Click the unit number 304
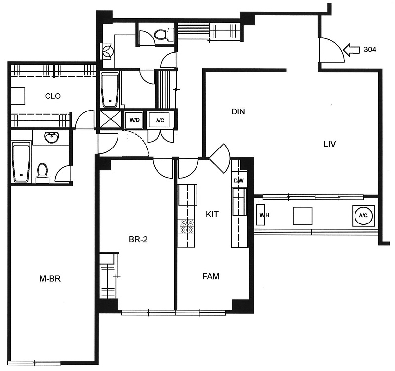(370, 50)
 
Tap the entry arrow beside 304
(351, 50)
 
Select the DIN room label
(238, 111)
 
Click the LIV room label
(330, 144)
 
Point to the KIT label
(212, 214)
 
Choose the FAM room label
(211, 276)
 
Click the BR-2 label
(138, 239)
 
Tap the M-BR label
(50, 279)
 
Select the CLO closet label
(53, 96)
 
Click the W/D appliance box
(134, 120)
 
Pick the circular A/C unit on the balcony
(363, 215)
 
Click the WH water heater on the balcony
(262, 215)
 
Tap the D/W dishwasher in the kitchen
(239, 180)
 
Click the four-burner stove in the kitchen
(187, 226)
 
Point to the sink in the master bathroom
(51, 138)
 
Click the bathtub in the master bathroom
(21, 162)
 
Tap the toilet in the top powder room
(164, 35)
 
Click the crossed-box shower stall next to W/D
(111, 119)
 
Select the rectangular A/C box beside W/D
(160, 120)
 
